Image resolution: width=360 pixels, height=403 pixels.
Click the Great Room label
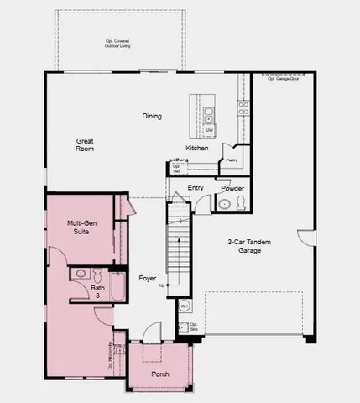pos(84,144)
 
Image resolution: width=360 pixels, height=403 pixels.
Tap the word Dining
pos(152,116)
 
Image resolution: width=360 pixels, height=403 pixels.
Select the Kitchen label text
pos(197,149)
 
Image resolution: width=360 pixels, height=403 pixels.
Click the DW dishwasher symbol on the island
pos(208,131)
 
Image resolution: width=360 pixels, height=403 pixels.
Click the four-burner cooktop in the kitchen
pos(243,107)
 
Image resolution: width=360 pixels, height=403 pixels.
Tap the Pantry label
pos(231,159)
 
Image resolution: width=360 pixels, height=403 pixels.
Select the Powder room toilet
pos(239,204)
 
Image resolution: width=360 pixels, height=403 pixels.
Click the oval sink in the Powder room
pos(223,204)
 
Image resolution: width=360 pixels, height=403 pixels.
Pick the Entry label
pos(196,188)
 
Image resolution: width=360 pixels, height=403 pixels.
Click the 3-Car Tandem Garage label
pos(248,245)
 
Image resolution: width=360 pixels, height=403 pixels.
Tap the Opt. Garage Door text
pos(282,78)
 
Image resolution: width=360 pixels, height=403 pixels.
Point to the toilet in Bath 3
pos(97,274)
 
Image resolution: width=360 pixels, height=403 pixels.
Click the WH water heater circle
pos(184,306)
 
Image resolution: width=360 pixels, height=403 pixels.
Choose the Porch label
pos(159,374)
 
